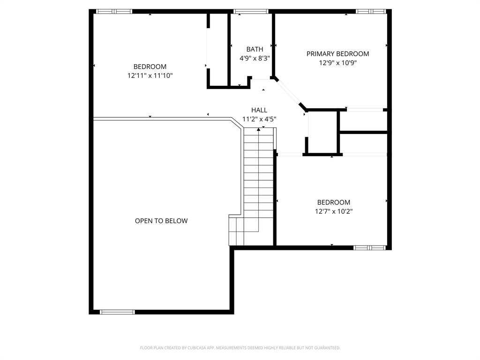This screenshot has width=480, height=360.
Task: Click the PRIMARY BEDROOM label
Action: click(337, 54)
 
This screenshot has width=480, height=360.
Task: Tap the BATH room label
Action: click(255, 49)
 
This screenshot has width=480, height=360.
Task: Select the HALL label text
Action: click(259, 110)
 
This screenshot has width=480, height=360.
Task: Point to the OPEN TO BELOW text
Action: click(161, 221)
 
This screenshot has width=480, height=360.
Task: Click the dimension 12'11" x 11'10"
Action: click(150, 75)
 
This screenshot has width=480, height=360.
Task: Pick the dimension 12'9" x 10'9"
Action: click(337, 63)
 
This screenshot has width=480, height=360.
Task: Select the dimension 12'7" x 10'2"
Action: click(333, 211)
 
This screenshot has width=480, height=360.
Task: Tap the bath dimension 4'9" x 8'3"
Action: click(255, 58)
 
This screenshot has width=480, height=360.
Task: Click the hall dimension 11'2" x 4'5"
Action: click(259, 119)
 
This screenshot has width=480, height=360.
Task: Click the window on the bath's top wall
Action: click(251, 11)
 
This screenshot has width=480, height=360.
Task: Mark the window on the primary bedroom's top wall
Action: click(370, 11)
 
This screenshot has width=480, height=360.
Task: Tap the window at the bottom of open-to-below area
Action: click(117, 312)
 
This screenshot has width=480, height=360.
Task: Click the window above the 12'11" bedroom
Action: click(114, 11)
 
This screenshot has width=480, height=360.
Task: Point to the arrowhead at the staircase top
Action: click(259, 129)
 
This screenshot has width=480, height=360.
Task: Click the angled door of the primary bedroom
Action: click(290, 94)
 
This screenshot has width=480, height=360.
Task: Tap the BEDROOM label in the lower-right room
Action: click(333, 202)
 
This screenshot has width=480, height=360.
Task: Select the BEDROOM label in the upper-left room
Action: click(150, 67)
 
